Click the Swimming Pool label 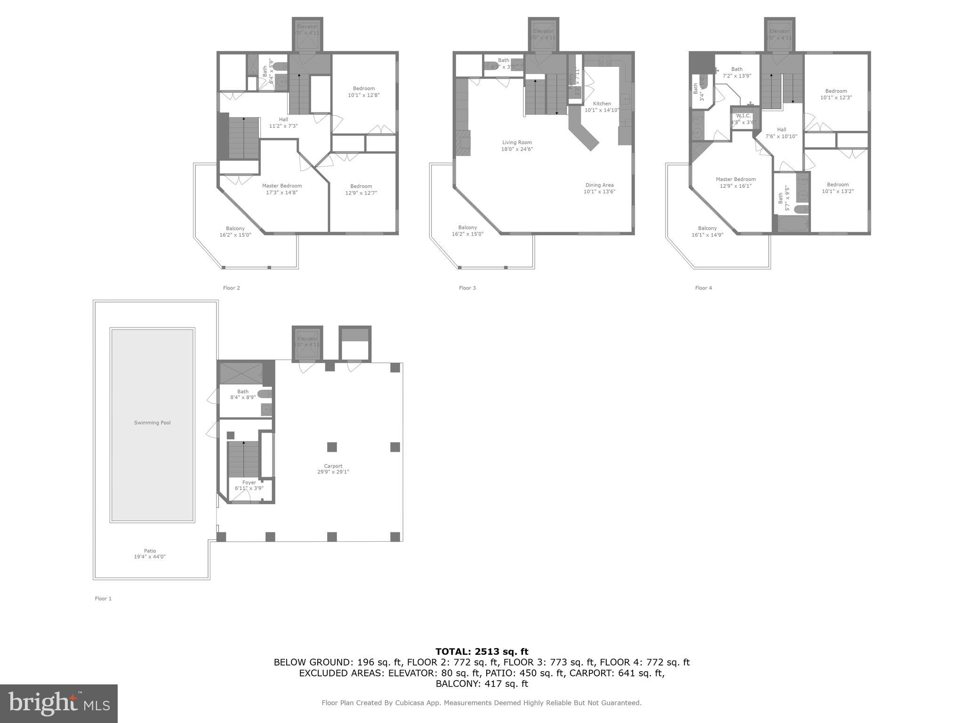click(152, 423)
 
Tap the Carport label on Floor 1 click(333, 466)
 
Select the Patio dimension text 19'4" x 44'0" click(150, 557)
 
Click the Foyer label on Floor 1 click(249, 482)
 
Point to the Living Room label click(517, 143)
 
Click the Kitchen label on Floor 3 click(602, 104)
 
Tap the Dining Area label click(599, 185)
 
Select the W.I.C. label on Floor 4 click(743, 116)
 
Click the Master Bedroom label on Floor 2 click(282, 186)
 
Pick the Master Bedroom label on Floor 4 click(736, 179)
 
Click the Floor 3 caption click(467, 288)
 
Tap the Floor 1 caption click(103, 599)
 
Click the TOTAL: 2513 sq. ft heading click(482, 652)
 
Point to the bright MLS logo click(59, 703)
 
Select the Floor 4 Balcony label click(707, 228)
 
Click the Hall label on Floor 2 click(283, 120)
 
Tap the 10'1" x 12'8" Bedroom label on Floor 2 click(364, 88)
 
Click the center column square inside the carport click(332, 447)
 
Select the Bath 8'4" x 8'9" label click(243, 392)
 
